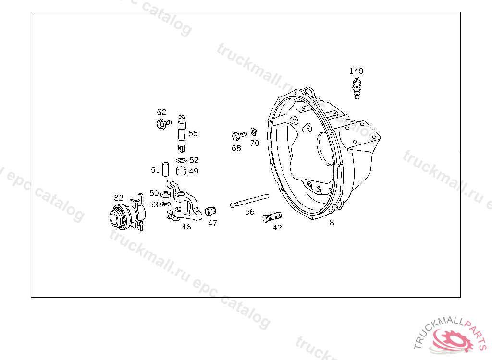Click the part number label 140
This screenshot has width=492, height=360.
[x=356, y=71]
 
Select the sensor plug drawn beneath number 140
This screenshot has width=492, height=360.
[x=357, y=88]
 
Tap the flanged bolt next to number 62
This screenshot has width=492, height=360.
[x=164, y=123]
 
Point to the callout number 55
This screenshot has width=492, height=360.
[x=193, y=133]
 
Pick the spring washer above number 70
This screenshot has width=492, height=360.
[x=254, y=132]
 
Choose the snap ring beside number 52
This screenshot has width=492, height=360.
[x=181, y=160]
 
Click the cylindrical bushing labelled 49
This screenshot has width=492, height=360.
[x=181, y=170]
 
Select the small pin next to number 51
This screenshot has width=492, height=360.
[x=165, y=169]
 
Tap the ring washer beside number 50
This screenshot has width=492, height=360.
[x=165, y=194]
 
